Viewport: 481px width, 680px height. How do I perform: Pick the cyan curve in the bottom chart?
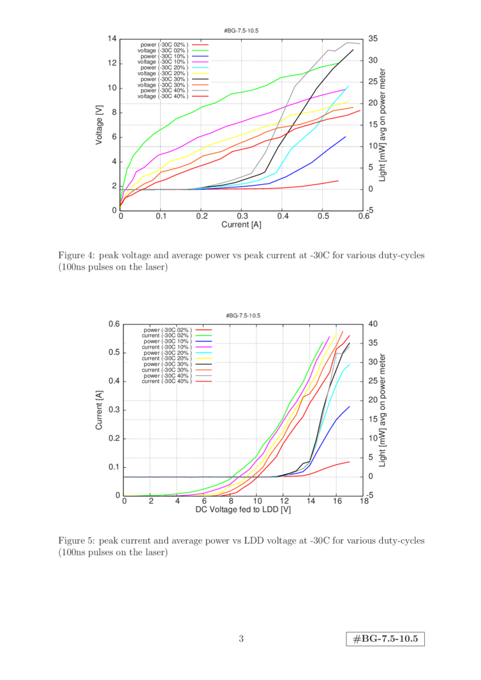(x=338, y=382)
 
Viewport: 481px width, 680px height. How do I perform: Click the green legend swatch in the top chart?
(x=200, y=50)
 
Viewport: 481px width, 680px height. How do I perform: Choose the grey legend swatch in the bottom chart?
(x=203, y=375)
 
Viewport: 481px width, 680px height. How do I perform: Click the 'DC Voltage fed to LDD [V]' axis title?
(x=242, y=510)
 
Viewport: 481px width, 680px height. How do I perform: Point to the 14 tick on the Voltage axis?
(x=112, y=38)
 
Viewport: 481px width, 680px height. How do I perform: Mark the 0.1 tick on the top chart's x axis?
(x=161, y=217)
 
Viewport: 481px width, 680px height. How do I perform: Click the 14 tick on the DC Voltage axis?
(x=311, y=502)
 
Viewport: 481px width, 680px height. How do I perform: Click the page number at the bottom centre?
(x=241, y=639)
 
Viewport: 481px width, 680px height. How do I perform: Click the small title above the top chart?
(x=241, y=30)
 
